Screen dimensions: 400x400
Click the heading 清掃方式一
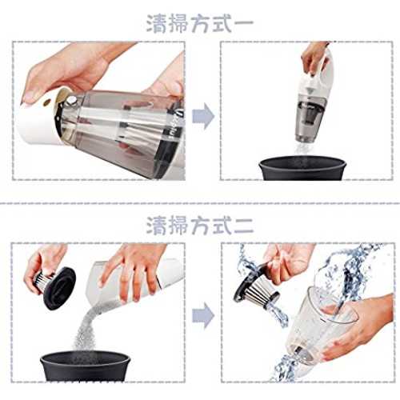[200, 24]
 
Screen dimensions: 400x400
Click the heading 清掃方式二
[200, 226]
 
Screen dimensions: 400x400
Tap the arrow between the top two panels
[203, 116]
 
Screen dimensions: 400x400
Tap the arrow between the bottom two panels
[203, 315]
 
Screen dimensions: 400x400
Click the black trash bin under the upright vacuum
[302, 168]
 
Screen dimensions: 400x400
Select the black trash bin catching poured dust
[86, 366]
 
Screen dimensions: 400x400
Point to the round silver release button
[71, 102]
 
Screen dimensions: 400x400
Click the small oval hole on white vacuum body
[48, 102]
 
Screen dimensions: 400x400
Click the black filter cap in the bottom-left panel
[59, 289]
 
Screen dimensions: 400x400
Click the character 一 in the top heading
[243, 23]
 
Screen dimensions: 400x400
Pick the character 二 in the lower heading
[243, 226]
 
